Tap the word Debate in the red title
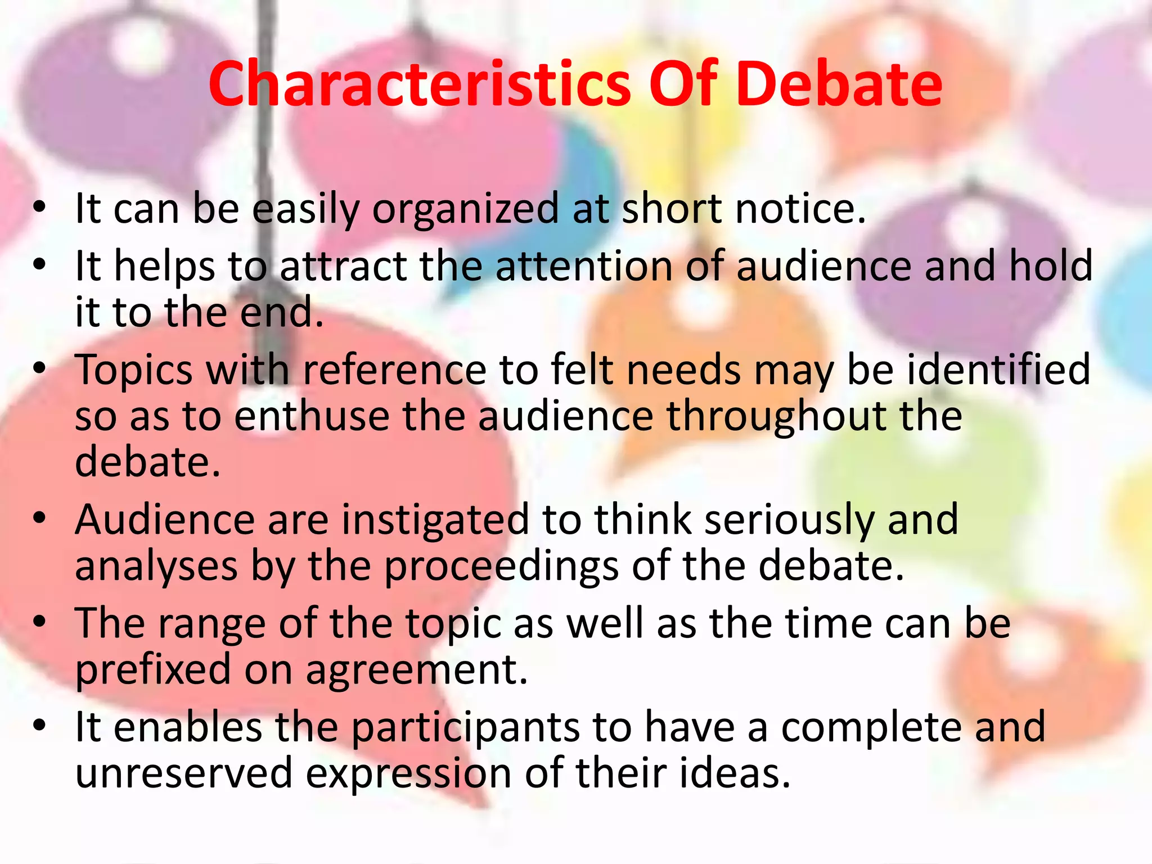[838, 84]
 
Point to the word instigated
[435, 520]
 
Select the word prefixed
[153, 670]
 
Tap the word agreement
[416, 671]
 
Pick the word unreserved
[184, 773]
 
